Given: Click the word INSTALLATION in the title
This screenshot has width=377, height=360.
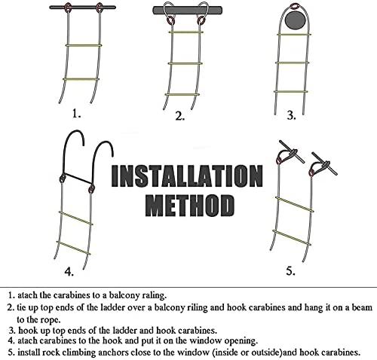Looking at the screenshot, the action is [x=187, y=176].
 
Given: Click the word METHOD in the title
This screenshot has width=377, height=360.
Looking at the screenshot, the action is [x=190, y=206].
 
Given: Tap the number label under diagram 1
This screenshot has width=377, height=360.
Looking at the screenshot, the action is [x=76, y=114].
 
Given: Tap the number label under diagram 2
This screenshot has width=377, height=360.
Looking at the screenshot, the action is [x=180, y=116].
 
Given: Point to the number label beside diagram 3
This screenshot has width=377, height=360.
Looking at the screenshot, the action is [x=291, y=116].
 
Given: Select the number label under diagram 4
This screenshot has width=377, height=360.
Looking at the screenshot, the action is [x=69, y=271].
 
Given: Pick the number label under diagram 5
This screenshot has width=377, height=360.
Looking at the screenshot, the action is [x=290, y=271].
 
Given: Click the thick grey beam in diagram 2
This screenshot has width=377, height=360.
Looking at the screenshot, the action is [x=188, y=11].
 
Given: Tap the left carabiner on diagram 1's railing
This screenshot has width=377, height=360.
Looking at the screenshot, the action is [x=68, y=7].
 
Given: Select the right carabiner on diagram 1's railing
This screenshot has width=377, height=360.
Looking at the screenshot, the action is [x=100, y=7].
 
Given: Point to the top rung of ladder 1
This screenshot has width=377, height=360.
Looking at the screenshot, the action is [x=84, y=45].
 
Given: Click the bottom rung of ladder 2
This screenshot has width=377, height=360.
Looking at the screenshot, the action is [x=182, y=95].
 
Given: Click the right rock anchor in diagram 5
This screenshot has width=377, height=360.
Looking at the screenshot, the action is [x=323, y=163].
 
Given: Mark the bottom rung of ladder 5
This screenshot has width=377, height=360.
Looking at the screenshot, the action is [x=292, y=237].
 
